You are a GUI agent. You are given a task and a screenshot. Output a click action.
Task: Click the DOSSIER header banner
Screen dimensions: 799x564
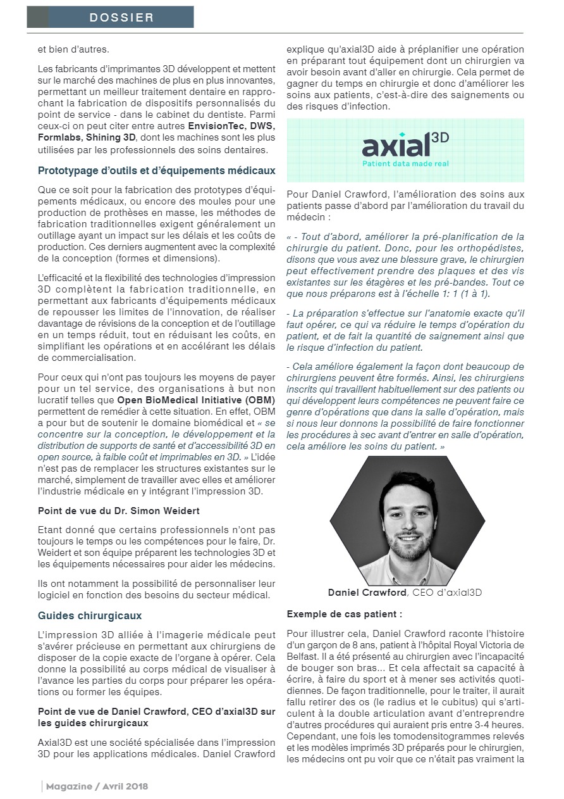coord(110,17)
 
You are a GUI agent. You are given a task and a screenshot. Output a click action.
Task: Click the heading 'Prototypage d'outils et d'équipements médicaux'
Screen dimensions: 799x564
coord(156,170)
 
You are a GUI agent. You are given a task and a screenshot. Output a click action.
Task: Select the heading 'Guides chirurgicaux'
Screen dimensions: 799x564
coord(90,615)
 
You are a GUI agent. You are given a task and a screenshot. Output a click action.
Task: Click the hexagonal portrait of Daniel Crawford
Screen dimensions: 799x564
coord(406,520)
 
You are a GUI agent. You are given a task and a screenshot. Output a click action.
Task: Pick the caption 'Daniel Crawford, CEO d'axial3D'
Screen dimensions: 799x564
coord(406,593)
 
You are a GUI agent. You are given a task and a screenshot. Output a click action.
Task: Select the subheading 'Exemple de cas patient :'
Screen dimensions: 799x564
coord(345,614)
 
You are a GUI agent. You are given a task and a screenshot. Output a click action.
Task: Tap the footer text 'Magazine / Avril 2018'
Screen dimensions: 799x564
coord(97,786)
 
